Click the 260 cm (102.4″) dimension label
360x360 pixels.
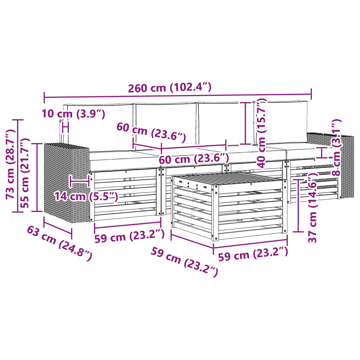[x=170, y=88]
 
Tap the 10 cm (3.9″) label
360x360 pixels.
[x=73, y=114]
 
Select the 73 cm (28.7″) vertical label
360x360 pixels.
[x=10, y=164]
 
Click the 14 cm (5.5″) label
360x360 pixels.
[x=86, y=197]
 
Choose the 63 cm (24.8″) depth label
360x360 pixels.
[x=59, y=243]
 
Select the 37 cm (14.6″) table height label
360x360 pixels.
[x=312, y=208]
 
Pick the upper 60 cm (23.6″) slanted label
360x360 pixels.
[x=151, y=133]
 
